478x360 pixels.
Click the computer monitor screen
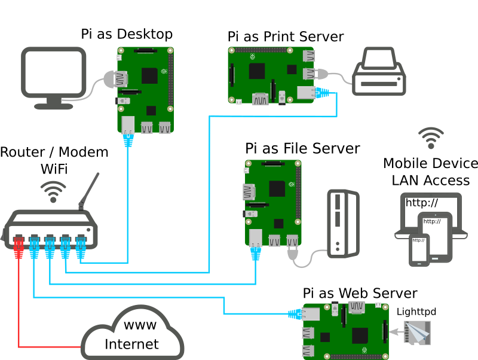pyautogui.click(x=54, y=72)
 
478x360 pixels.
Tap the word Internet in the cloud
pyautogui.click(x=131, y=344)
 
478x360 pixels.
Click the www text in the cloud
pyautogui.click(x=140, y=325)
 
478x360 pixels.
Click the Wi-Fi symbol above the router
pyautogui.click(x=53, y=192)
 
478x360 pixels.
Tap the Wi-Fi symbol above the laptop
pyautogui.click(x=431, y=138)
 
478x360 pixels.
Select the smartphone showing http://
pyautogui.click(x=419, y=249)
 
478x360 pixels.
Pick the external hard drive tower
pyautogui.click(x=343, y=223)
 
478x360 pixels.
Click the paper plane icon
pyautogui.click(x=417, y=332)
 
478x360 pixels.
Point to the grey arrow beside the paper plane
pyautogui.click(x=395, y=331)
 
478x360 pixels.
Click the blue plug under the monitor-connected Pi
pyautogui.click(x=128, y=140)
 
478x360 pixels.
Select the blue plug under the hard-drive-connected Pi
pyautogui.click(x=256, y=254)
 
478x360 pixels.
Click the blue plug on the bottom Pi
pyautogui.click(x=295, y=314)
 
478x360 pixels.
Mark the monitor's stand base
pyautogui.click(x=54, y=106)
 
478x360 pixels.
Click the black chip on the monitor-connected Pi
pyautogui.click(x=149, y=76)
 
